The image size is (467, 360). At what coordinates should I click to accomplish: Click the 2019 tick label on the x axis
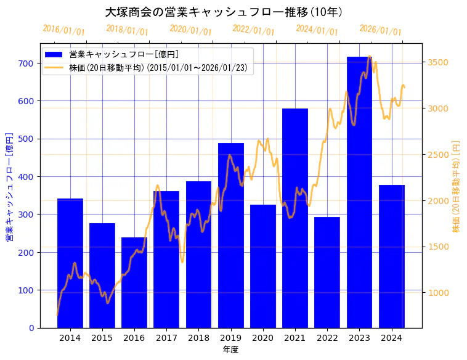point(230,338)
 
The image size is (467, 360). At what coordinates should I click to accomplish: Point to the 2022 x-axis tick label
point(327,338)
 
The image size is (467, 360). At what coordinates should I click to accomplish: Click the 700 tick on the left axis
point(26,63)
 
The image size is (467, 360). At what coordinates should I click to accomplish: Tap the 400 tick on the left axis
point(26,176)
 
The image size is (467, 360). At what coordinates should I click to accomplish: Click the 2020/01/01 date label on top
point(190,30)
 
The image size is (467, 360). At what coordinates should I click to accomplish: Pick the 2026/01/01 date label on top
point(380,30)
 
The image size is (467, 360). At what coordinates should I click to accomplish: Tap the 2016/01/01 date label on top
point(63,30)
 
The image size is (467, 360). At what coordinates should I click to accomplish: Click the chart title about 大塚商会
point(224,12)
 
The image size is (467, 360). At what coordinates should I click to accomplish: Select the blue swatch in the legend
point(54,55)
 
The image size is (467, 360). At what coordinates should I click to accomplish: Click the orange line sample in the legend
point(54,68)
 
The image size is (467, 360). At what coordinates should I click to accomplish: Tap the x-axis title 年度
point(230,350)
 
